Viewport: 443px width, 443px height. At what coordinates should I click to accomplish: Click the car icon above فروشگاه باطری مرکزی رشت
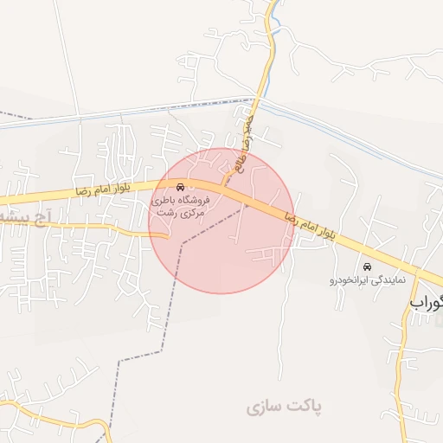[x=179, y=188]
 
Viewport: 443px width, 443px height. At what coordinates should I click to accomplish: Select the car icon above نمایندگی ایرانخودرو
[x=369, y=266]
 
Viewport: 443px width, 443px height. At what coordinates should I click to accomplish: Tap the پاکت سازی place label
[x=283, y=406]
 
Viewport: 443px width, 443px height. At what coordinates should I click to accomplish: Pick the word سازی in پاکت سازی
[x=265, y=406]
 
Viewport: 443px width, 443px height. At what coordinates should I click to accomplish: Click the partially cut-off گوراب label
[x=427, y=304]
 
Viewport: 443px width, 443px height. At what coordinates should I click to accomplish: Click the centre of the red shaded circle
[x=221, y=221]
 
